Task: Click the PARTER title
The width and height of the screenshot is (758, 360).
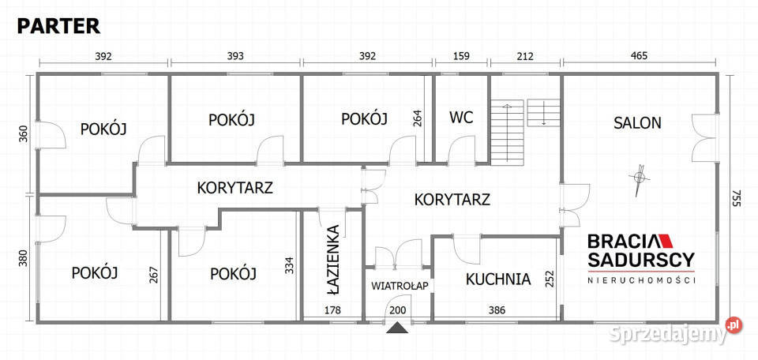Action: (58, 26)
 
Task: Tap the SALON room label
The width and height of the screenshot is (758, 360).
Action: (637, 123)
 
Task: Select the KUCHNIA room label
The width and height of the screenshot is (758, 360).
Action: (497, 279)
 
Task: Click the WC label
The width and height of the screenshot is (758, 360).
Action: (461, 118)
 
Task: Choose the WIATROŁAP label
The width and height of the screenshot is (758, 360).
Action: (400, 286)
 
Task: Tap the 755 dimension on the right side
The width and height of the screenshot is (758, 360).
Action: (736, 197)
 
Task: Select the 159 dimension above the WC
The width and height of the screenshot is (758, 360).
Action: (460, 56)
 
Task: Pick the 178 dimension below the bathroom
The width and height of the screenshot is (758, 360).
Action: (332, 310)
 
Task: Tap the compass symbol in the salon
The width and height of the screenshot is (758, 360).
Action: (640, 178)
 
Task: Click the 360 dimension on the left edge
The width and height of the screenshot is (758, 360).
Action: (23, 134)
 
